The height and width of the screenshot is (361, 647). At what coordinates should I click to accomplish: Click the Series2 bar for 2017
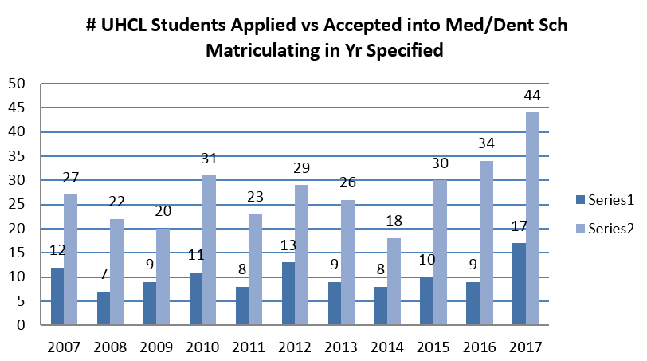tap(531, 218)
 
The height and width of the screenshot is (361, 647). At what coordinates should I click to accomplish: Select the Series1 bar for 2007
tap(57, 296)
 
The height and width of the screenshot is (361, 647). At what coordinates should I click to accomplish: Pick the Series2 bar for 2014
tap(394, 281)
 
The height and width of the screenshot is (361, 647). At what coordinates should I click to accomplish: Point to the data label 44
tap(531, 96)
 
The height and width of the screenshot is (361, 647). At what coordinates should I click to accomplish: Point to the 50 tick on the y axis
tap(17, 84)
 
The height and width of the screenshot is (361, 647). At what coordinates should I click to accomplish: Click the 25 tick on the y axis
tap(17, 205)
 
